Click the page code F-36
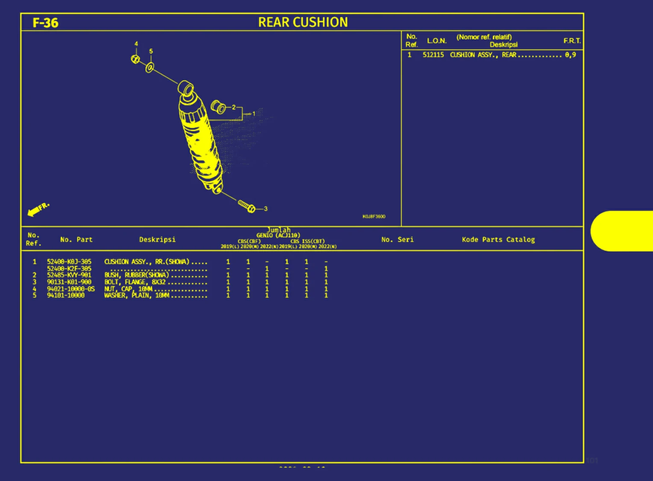(x=45, y=23)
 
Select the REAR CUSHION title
(x=303, y=22)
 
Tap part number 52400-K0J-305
(x=69, y=262)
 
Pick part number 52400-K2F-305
(x=69, y=268)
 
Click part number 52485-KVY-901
(x=69, y=275)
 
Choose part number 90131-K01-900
(x=69, y=282)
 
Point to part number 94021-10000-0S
(x=71, y=289)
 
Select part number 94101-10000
(x=66, y=295)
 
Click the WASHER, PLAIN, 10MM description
(x=137, y=295)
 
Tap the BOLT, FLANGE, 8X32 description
(x=135, y=282)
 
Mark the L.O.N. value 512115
(x=433, y=55)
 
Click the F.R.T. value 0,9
(x=571, y=55)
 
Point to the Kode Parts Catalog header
(x=498, y=239)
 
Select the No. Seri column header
(x=397, y=239)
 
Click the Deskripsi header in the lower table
(x=157, y=239)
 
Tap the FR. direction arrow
(x=38, y=209)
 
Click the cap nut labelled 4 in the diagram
(x=135, y=59)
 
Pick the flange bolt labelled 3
(x=247, y=206)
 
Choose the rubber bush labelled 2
(x=218, y=107)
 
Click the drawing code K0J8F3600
(x=374, y=216)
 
